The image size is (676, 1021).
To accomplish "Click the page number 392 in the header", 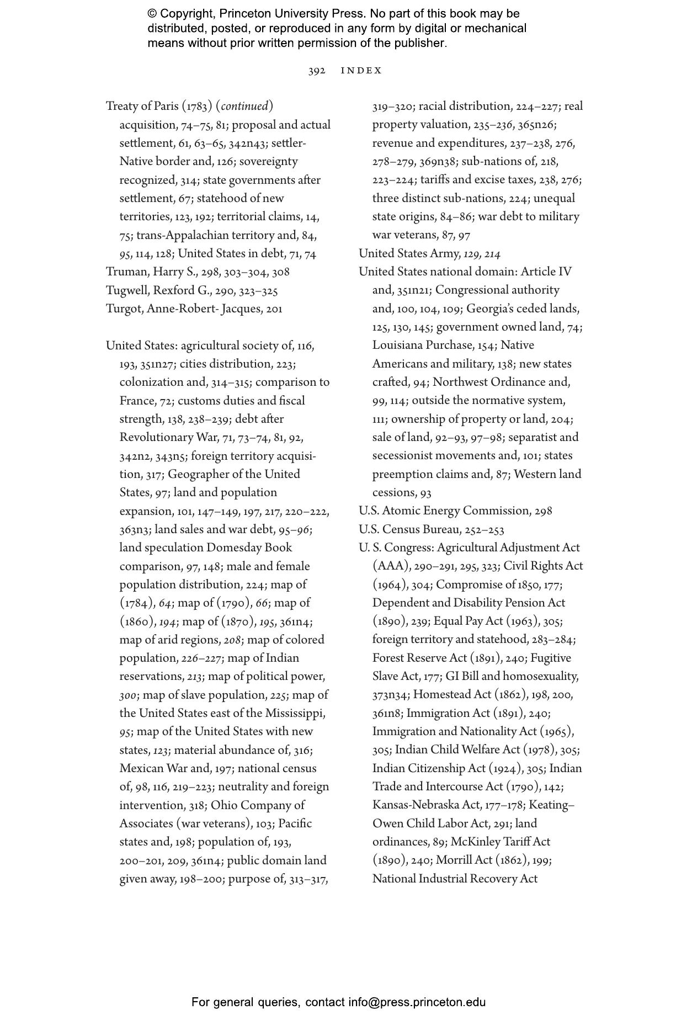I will pos(317,71).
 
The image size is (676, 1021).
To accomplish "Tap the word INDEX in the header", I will pos(361,71).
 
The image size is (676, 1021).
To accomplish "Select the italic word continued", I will pos(244,106).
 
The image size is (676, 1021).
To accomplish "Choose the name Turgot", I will pos(124,309).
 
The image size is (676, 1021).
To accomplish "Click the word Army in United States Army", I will pos(446,253).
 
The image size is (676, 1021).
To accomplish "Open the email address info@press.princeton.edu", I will pos(417,1002).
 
